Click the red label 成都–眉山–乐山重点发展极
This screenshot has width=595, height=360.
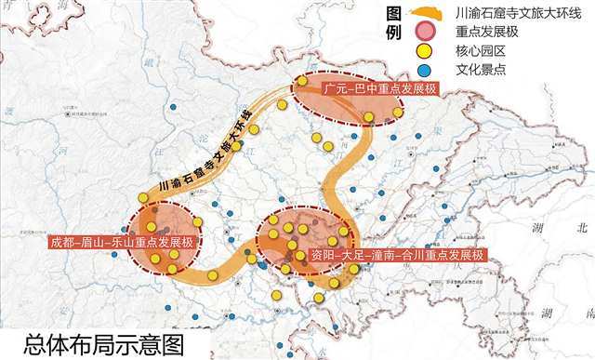tap(121, 243)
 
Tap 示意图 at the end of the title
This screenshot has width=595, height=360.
tap(154, 343)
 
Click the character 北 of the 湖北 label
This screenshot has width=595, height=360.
tap(583, 227)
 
